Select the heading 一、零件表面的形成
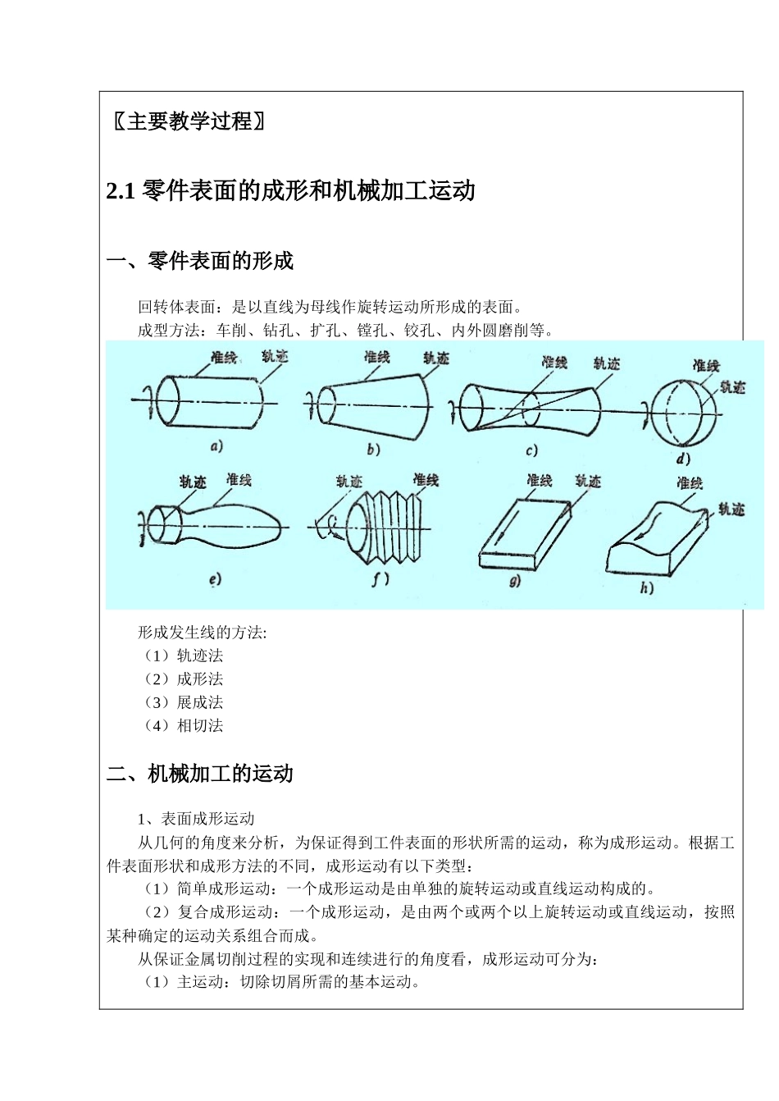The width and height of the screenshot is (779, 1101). click(x=200, y=261)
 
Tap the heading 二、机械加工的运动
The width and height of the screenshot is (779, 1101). click(x=200, y=774)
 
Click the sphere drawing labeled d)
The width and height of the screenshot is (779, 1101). click(x=684, y=408)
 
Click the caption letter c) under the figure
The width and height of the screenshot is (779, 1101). click(x=531, y=450)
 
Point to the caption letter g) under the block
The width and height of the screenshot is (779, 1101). click(x=515, y=582)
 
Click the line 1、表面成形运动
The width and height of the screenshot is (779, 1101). click(x=196, y=818)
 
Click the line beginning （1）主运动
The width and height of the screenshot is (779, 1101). click(x=279, y=981)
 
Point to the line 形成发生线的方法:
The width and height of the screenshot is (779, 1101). click(x=202, y=633)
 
